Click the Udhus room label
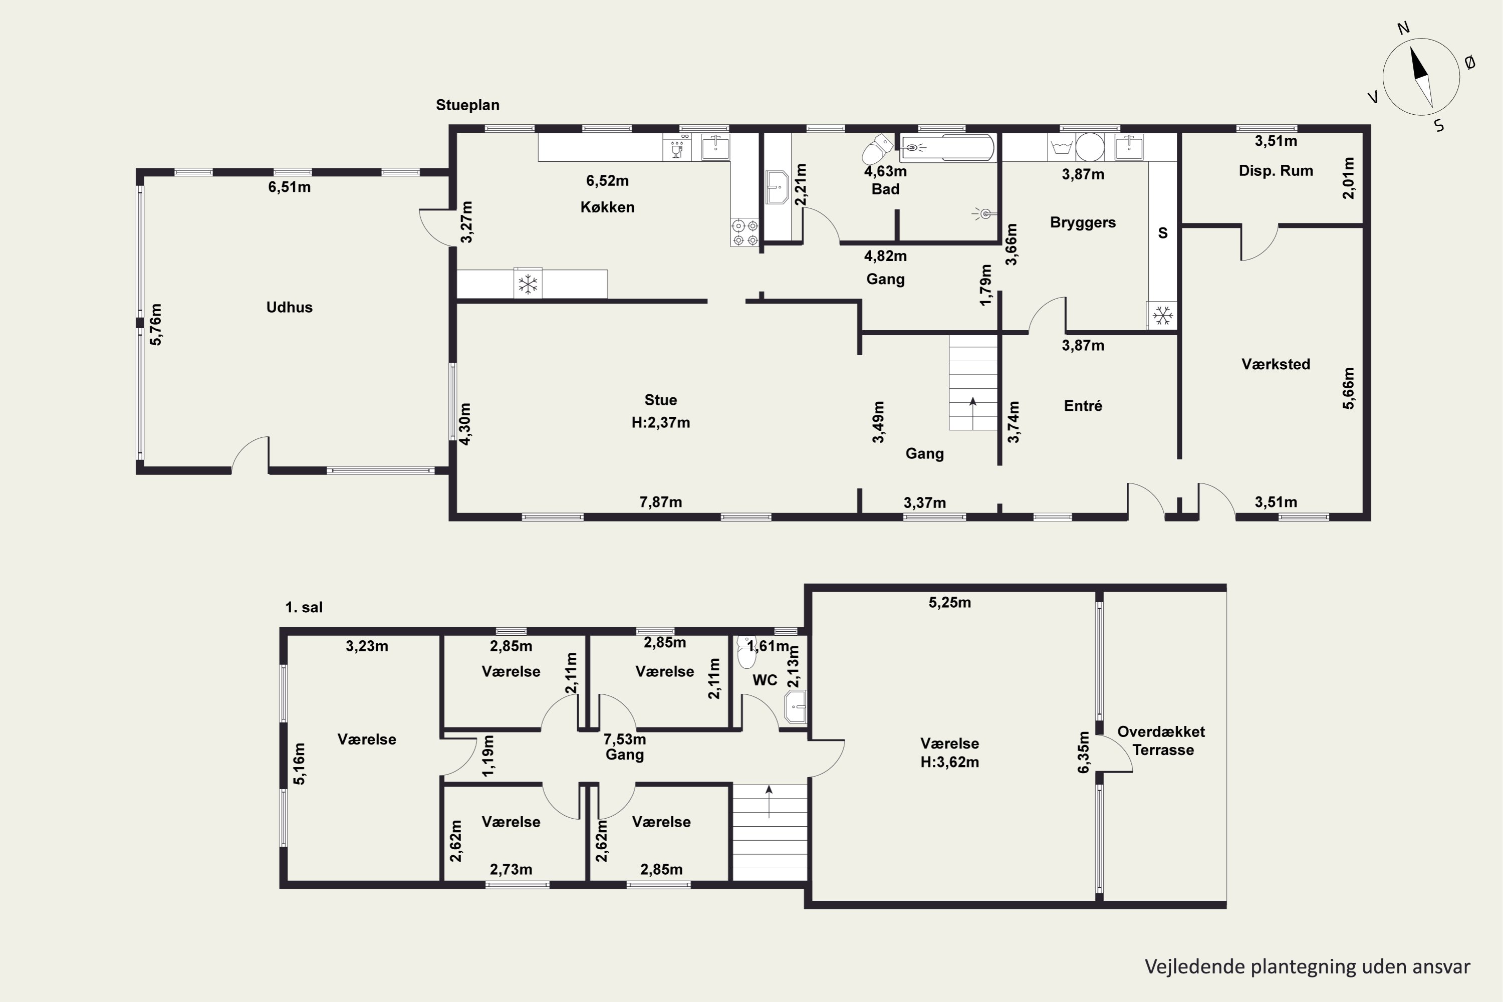point(290,308)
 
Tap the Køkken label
point(607,207)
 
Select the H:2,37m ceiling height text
point(661,422)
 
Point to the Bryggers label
point(1083,223)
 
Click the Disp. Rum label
point(1276,171)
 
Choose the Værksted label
point(1276,364)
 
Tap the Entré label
point(1083,406)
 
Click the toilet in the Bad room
point(876,149)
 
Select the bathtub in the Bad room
point(946,148)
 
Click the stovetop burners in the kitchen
point(745,232)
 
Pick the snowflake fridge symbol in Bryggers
point(1162,315)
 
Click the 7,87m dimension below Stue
point(661,503)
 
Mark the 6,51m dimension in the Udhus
point(290,187)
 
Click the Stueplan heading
point(468,105)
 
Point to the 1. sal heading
point(304,607)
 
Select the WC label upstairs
point(765,680)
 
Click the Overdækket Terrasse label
point(1161,740)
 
